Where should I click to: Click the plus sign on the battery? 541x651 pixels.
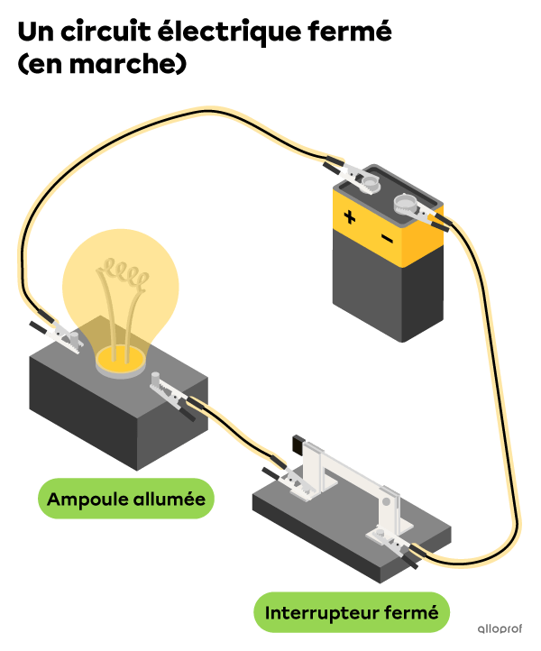tap(350, 217)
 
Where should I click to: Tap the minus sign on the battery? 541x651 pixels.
tap(387, 238)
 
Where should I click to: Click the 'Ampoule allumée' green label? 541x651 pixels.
tap(126, 499)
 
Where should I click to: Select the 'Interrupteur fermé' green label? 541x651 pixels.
tap(352, 612)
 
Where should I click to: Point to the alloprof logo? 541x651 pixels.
tap(500, 628)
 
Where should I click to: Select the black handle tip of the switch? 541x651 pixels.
tap(298, 444)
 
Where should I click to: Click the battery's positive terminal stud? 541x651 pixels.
tap(370, 183)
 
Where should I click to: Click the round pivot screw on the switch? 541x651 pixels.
tap(386, 502)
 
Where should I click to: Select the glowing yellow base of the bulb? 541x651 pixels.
tap(121, 362)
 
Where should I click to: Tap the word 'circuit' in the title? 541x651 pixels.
tap(105, 32)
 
